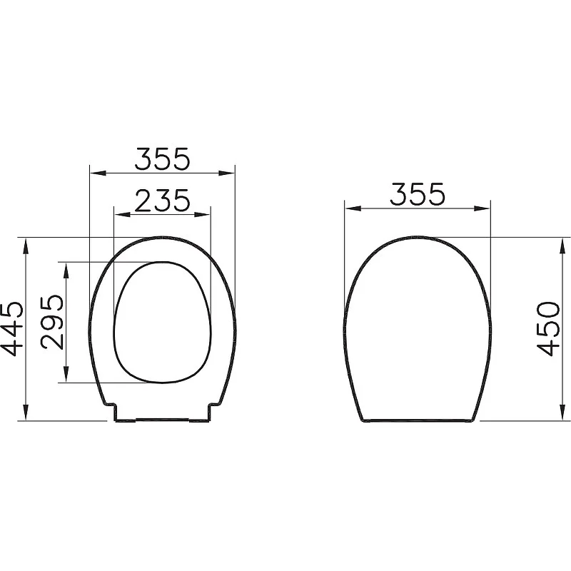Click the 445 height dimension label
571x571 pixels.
pos(13,329)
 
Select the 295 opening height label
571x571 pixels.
pos(52,322)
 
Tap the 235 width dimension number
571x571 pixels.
pos(162,201)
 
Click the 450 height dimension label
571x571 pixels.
pos(548,328)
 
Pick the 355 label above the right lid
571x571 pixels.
pos(418,193)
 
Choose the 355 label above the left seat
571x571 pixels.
pos(163,158)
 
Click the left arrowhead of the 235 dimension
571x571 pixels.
pos(122,215)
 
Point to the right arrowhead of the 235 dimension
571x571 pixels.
pos(203,215)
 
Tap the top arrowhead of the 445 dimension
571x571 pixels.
pos(26,246)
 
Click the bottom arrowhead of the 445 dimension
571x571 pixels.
pos(26,413)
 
